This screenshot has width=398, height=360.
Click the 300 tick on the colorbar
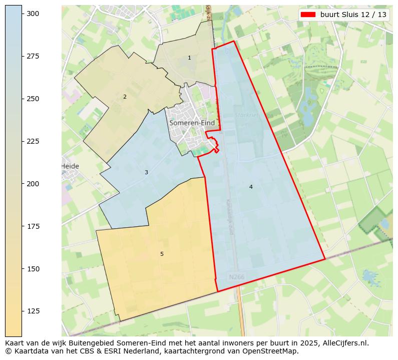pos(33,14)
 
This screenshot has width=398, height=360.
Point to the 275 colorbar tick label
pos(33,57)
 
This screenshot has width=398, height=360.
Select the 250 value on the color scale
pos(33,99)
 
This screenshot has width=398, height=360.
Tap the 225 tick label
pos(33,142)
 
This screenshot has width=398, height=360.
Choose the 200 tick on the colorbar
pos(33,184)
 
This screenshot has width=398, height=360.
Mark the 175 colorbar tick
pos(33,227)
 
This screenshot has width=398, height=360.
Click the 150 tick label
pos(33,269)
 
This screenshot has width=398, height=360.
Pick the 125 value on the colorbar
pos(33,311)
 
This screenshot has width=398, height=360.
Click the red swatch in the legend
pos(308,15)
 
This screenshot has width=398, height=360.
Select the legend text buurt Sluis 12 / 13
pos(353,15)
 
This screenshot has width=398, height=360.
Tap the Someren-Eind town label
pos(192,123)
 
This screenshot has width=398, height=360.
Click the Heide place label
pos(70,166)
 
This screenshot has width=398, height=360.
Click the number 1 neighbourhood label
pos(189,58)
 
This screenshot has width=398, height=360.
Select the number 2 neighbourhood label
pos(125,97)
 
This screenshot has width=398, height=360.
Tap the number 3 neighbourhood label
pos(146,173)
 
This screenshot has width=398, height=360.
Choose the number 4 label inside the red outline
pos(251,187)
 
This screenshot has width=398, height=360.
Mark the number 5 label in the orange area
pos(162,254)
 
